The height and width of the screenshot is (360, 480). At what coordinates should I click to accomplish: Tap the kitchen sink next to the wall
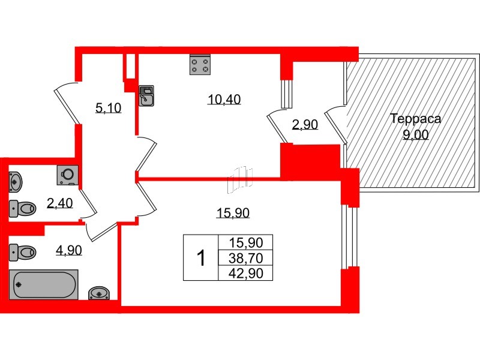(x=146, y=95)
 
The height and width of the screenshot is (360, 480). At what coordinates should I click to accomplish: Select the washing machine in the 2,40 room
(x=68, y=174)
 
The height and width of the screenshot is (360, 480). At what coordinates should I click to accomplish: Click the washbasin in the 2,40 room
(x=16, y=180)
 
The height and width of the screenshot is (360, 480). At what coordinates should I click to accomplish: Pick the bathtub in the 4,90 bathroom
(x=44, y=284)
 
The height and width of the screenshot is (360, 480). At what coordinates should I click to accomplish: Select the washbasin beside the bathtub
(x=98, y=293)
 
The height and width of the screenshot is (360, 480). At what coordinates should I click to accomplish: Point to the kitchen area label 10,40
(x=224, y=100)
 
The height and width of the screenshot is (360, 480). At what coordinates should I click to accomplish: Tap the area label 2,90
(x=304, y=125)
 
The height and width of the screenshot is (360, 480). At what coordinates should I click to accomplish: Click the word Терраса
(x=415, y=119)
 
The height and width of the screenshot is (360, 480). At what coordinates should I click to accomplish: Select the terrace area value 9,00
(x=415, y=135)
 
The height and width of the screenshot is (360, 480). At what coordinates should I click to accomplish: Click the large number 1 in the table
(x=202, y=259)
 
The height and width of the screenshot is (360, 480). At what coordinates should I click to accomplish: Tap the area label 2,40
(x=59, y=203)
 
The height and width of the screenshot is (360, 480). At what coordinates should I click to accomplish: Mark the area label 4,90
(x=68, y=250)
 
